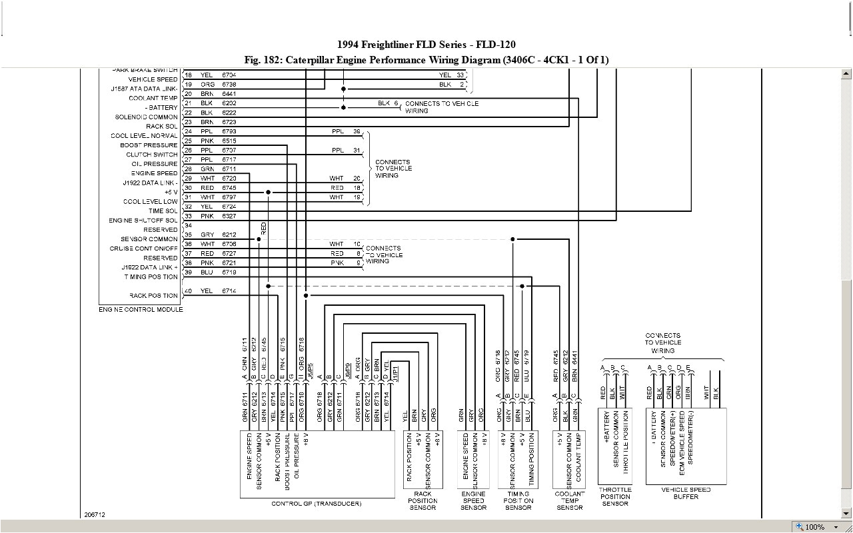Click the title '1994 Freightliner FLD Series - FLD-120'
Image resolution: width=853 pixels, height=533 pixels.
pyautogui.click(x=426, y=45)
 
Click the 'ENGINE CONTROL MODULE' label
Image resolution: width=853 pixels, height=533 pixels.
pyautogui.click(x=141, y=310)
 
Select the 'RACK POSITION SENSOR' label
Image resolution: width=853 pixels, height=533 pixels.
pyautogui.click(x=423, y=500)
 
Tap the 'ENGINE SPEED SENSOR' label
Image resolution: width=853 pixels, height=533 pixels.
pyautogui.click(x=473, y=500)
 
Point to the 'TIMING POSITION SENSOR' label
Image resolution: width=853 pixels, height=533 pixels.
pyautogui.click(x=518, y=500)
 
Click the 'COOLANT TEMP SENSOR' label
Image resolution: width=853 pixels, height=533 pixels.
pyautogui.click(x=570, y=500)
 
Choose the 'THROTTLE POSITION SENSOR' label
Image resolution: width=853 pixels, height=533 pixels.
pyautogui.click(x=615, y=496)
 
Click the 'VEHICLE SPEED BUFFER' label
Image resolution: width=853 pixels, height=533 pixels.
pyautogui.click(x=686, y=493)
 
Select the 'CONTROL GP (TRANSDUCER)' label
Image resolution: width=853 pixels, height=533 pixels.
pyautogui.click(x=317, y=504)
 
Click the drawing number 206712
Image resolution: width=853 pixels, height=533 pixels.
pyautogui.click(x=95, y=514)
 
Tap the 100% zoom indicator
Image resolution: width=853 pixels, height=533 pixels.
pyautogui.click(x=814, y=526)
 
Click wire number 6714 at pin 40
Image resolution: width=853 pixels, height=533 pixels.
pyautogui.click(x=229, y=292)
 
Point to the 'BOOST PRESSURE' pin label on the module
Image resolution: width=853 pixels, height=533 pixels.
pyautogui.click(x=149, y=145)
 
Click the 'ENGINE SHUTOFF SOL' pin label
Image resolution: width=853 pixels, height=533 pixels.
pyautogui.click(x=143, y=221)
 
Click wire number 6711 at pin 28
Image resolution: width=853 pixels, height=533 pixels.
pyautogui.click(x=229, y=169)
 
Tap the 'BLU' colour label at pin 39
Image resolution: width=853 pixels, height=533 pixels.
pyautogui.click(x=207, y=272)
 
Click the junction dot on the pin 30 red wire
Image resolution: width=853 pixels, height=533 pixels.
pyautogui.click(x=268, y=192)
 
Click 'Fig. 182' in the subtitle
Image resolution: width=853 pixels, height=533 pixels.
pyautogui.click(x=262, y=60)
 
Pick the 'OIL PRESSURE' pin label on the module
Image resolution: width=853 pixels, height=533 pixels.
pyautogui.click(x=155, y=164)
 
